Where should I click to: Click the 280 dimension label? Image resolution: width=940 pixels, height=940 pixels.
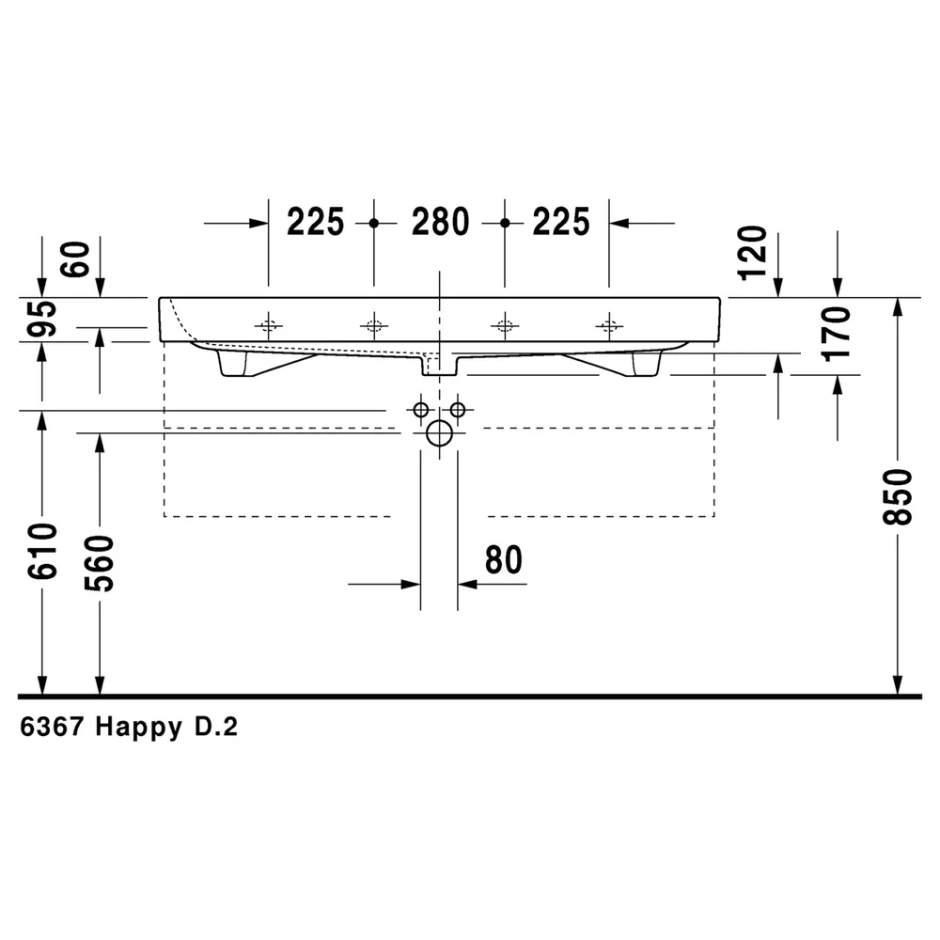(x=440, y=222)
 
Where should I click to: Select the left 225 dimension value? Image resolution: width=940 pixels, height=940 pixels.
(x=315, y=222)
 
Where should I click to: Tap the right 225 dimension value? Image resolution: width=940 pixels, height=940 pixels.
(x=561, y=222)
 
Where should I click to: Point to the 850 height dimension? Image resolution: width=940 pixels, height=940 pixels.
(x=898, y=497)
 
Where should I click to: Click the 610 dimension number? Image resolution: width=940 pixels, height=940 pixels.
(x=42, y=551)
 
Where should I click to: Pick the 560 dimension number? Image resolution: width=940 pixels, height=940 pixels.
(x=100, y=563)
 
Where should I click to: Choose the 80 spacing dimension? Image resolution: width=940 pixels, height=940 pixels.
(x=504, y=560)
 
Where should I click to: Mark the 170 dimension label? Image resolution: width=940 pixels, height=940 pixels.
(x=837, y=334)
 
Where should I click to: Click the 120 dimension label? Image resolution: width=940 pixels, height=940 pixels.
(x=753, y=253)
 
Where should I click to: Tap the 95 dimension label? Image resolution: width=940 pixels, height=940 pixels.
(x=42, y=319)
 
